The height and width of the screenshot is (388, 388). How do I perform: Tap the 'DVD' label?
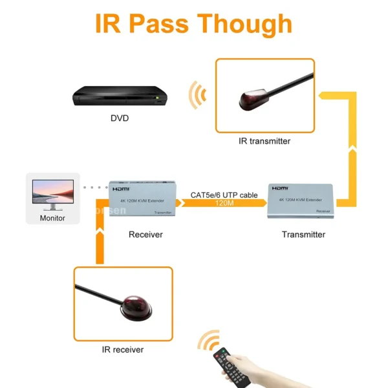(x=119, y=119)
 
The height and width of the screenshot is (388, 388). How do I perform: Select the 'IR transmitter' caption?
(x=264, y=141)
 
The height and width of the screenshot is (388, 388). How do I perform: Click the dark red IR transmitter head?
(x=250, y=100)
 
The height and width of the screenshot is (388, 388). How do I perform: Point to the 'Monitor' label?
(x=52, y=218)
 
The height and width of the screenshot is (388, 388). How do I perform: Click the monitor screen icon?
(x=52, y=193)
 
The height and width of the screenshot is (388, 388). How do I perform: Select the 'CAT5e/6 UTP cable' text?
(x=224, y=194)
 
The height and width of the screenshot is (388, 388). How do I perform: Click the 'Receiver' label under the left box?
(x=145, y=235)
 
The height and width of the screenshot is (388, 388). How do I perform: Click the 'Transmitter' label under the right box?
(x=303, y=235)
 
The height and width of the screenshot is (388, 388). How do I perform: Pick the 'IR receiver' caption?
(x=123, y=350)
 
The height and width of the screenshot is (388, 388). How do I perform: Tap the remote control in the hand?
(x=232, y=369)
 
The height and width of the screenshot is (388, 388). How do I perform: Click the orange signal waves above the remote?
(x=208, y=341)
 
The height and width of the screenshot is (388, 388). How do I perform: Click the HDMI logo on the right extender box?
(x=280, y=188)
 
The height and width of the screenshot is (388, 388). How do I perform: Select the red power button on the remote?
(x=221, y=352)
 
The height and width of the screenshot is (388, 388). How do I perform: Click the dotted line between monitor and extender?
(x=96, y=188)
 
